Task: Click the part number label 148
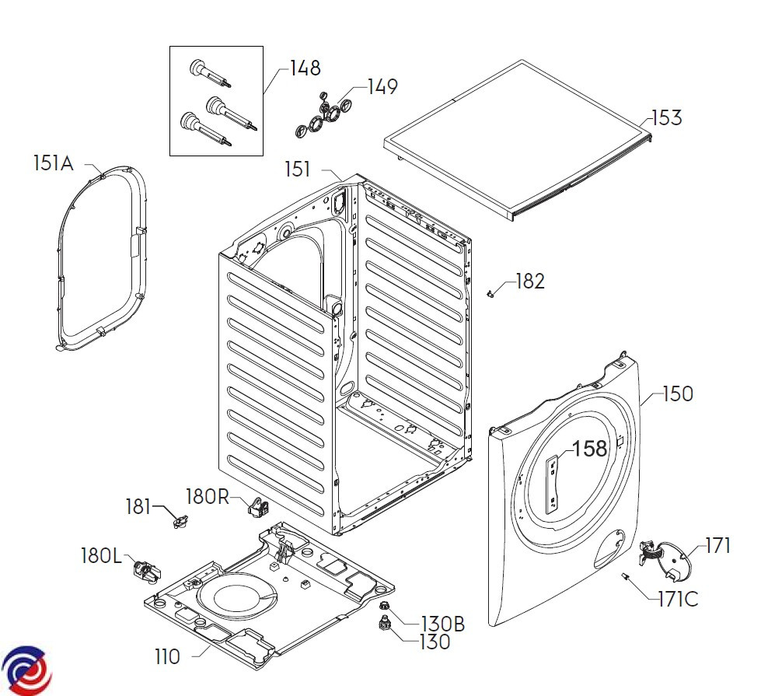pyautogui.click(x=305, y=68)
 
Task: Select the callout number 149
pyautogui.click(x=382, y=87)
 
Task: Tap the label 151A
pyautogui.click(x=53, y=163)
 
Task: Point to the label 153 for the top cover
pyautogui.click(x=666, y=118)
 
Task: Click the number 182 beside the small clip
pyautogui.click(x=530, y=282)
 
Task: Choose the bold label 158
pyautogui.click(x=589, y=449)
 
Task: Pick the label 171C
pyautogui.click(x=678, y=600)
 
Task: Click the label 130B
pyautogui.click(x=442, y=624)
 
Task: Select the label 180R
pyautogui.click(x=208, y=495)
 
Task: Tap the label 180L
pyautogui.click(x=101, y=556)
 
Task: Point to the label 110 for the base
pyautogui.click(x=167, y=657)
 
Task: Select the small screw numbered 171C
pyautogui.click(x=625, y=576)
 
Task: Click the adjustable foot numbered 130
pyautogui.click(x=382, y=622)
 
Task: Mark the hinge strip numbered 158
pyautogui.click(x=553, y=485)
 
